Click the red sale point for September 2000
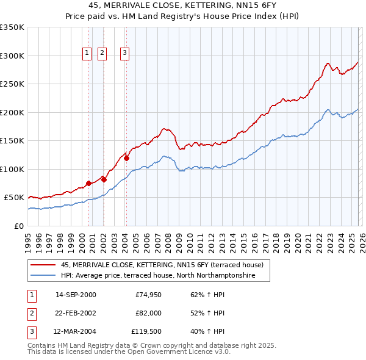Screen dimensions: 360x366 pos(88,183)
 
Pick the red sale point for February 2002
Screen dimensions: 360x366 pos(104,179)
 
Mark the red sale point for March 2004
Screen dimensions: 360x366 pos(126,158)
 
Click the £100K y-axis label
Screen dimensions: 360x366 pos(12,169)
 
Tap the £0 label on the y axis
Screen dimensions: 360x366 pos(19,226)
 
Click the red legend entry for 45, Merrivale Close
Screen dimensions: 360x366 pos(162,265)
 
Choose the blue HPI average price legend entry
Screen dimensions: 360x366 pos(165,276)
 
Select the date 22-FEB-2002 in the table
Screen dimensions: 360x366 pos(76,313)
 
